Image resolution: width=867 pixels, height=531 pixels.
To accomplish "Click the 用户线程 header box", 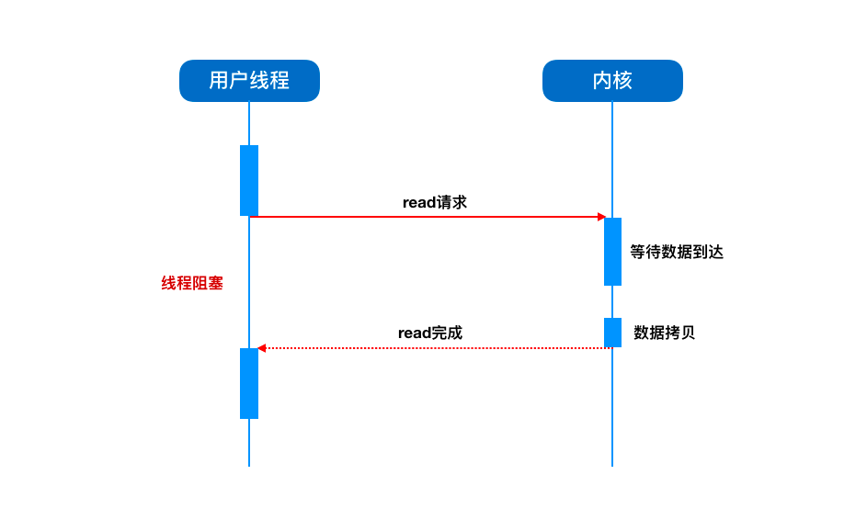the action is (x=249, y=81).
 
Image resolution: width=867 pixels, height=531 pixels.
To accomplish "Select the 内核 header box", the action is (x=612, y=81).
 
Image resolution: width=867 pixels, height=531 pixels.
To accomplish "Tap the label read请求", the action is (x=435, y=202).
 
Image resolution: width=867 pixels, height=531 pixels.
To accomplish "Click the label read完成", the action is (x=430, y=333).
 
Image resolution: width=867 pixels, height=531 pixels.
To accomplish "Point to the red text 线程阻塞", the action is (x=192, y=283).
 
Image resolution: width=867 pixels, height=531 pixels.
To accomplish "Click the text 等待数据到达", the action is (x=677, y=252).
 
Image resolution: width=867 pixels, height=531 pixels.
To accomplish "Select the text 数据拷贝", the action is (x=664, y=333).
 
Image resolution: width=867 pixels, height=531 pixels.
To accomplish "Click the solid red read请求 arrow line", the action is (x=428, y=217).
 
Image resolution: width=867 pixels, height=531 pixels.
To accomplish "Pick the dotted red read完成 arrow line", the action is (x=435, y=348).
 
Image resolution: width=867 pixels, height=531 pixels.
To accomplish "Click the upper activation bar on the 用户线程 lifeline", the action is (x=249, y=180).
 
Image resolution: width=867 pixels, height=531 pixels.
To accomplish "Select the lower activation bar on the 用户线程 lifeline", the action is (x=249, y=383).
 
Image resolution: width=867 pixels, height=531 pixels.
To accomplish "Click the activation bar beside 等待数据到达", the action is (x=612, y=252).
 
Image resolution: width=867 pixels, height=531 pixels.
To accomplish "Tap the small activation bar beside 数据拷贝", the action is (x=612, y=333).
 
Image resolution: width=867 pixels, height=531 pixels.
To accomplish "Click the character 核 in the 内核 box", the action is (x=622, y=81).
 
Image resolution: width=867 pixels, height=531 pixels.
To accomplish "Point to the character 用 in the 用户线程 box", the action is (x=219, y=81).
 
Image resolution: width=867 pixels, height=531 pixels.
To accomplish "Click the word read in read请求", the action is (x=418, y=203).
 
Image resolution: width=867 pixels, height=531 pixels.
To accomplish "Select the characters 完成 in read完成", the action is (x=447, y=333).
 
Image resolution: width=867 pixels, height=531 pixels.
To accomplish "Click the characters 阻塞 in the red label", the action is (x=208, y=283).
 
